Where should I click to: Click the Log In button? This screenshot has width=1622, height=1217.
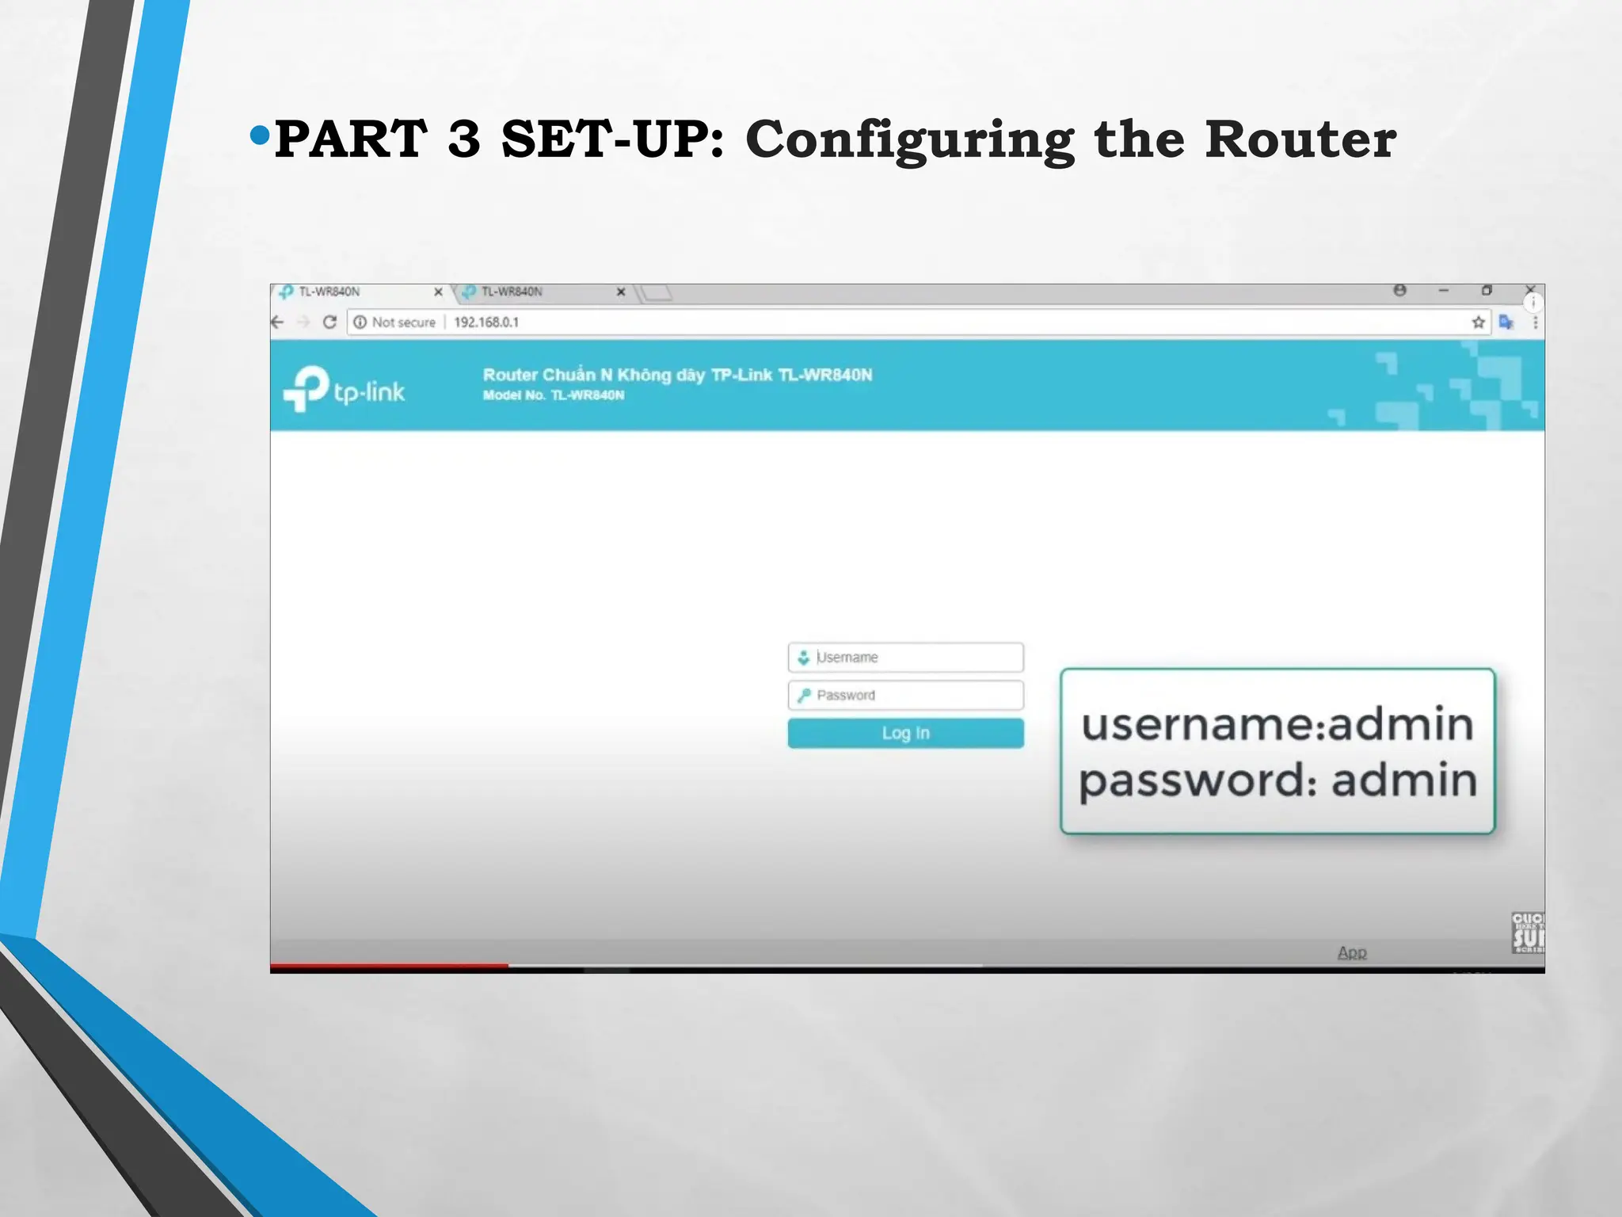(905, 733)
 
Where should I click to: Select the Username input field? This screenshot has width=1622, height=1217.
(905, 657)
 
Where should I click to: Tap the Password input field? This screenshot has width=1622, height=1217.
(905, 695)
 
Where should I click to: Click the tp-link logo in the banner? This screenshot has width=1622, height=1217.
(344, 389)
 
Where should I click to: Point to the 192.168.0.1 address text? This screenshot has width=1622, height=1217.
(486, 322)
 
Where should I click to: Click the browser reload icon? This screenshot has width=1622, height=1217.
(329, 322)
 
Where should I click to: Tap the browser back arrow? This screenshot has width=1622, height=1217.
(277, 322)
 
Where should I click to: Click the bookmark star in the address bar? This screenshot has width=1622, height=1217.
(1478, 322)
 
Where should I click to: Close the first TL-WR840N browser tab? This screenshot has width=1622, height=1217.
(438, 292)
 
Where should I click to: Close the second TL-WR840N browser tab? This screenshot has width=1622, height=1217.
(621, 292)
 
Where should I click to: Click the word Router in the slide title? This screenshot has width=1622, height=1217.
(1300, 139)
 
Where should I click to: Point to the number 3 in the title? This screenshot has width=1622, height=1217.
(463, 139)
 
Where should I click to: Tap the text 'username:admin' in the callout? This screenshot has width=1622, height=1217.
(1277, 724)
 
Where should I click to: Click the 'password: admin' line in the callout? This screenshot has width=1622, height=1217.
(1277, 780)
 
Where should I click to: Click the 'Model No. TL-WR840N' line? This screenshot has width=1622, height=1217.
(554, 395)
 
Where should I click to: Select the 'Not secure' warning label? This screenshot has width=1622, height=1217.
(403, 322)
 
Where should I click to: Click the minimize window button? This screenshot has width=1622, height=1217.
(1443, 291)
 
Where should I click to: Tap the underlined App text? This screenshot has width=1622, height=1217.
(1352, 952)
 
